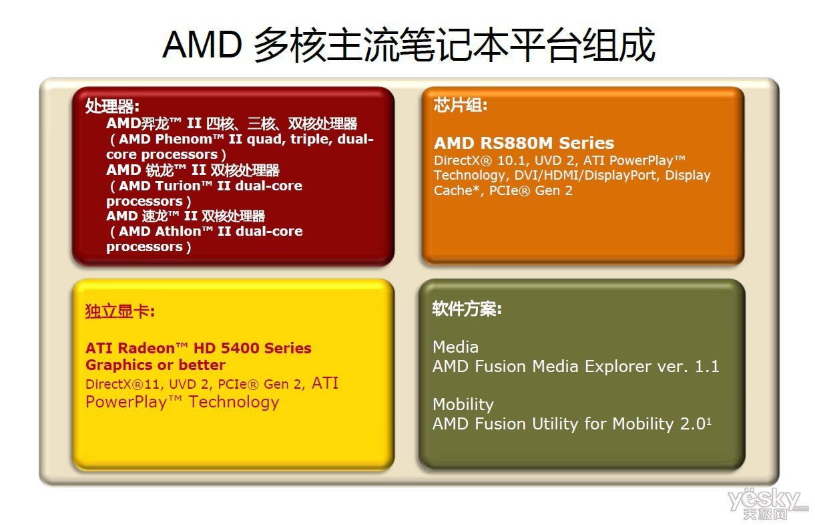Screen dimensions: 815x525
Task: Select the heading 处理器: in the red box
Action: click(x=112, y=106)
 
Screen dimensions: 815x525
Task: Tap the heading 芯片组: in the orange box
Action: click(x=461, y=106)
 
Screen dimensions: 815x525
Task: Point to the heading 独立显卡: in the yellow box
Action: click(x=120, y=311)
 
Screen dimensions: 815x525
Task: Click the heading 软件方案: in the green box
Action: click(x=467, y=309)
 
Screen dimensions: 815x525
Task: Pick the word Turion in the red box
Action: click(x=179, y=186)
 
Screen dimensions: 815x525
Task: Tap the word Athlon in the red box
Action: click(x=179, y=231)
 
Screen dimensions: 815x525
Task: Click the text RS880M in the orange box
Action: click(x=517, y=143)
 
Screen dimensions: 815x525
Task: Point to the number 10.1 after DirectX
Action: click(x=512, y=160)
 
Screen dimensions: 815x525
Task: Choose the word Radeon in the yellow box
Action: click(x=147, y=349)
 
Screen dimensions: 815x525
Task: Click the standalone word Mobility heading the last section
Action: click(x=463, y=405)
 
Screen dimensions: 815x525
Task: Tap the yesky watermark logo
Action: click(x=768, y=504)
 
